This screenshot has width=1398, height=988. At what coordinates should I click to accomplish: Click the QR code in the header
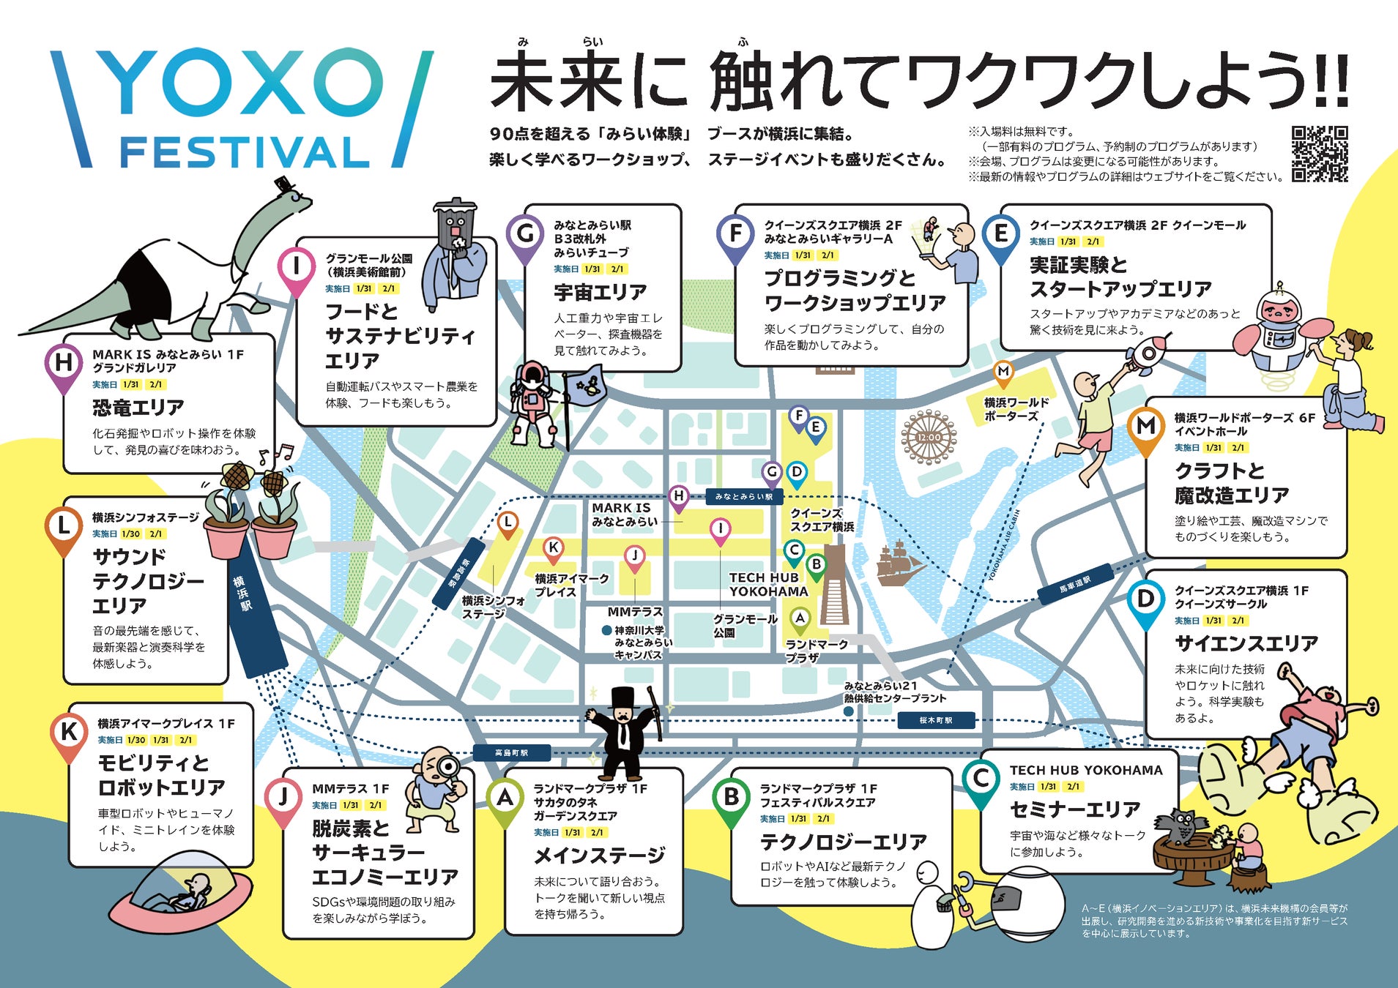point(1319,154)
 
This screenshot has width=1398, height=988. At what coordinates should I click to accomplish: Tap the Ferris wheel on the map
point(929,437)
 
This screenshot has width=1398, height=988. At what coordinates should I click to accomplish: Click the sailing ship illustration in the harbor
point(900,563)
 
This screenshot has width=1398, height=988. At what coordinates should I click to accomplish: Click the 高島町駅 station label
point(511,752)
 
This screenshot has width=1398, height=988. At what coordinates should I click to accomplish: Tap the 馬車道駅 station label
point(1075,585)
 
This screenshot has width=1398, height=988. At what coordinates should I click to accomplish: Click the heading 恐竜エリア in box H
point(138,408)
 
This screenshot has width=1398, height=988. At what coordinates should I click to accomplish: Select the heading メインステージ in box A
point(599,856)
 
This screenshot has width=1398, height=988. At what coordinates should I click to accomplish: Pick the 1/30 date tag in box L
point(131,534)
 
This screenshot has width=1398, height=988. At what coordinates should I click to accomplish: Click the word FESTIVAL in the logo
point(245,152)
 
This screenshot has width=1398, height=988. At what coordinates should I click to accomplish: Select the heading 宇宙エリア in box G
point(600,293)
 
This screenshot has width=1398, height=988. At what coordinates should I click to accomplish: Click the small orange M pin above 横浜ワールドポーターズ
point(1003,373)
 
